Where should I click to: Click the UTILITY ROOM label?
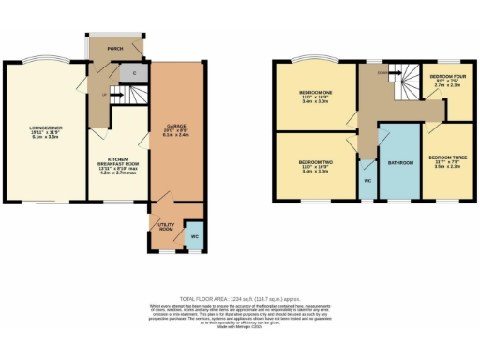(165, 227)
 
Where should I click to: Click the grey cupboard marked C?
(135, 72)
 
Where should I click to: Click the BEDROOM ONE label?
(314, 93)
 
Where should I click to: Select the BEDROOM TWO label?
(314, 162)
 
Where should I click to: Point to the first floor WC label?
(367, 179)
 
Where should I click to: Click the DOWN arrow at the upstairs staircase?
(382, 71)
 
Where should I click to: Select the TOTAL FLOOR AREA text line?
(240, 296)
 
